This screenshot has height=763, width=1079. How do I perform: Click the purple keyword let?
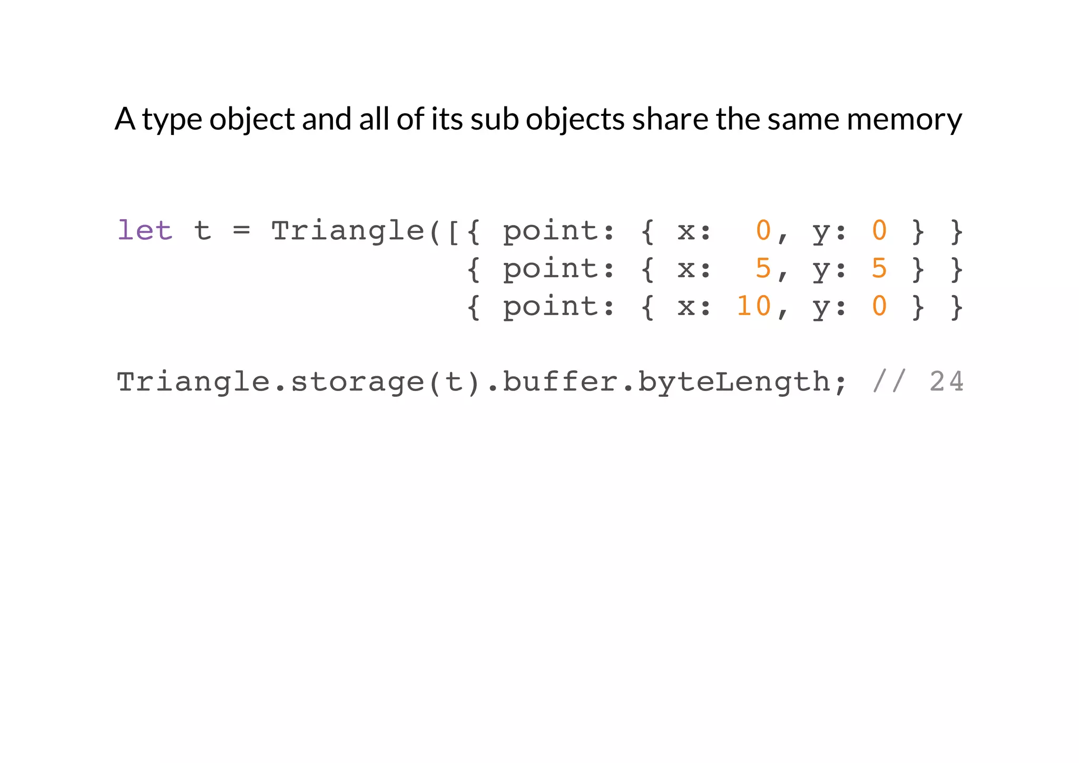click(144, 231)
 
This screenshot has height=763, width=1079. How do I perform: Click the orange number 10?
click(753, 306)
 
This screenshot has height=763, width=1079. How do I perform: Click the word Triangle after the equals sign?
click(347, 231)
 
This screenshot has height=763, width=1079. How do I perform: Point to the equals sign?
click(241, 231)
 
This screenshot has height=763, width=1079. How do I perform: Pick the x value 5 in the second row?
click(763, 268)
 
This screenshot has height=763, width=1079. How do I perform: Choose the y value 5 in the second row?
click(879, 268)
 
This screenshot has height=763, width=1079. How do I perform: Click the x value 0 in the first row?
click(763, 231)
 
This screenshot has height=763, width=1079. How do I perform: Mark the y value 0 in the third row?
click(879, 306)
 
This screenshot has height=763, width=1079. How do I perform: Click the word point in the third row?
click(551, 307)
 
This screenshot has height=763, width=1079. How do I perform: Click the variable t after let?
click(202, 231)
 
